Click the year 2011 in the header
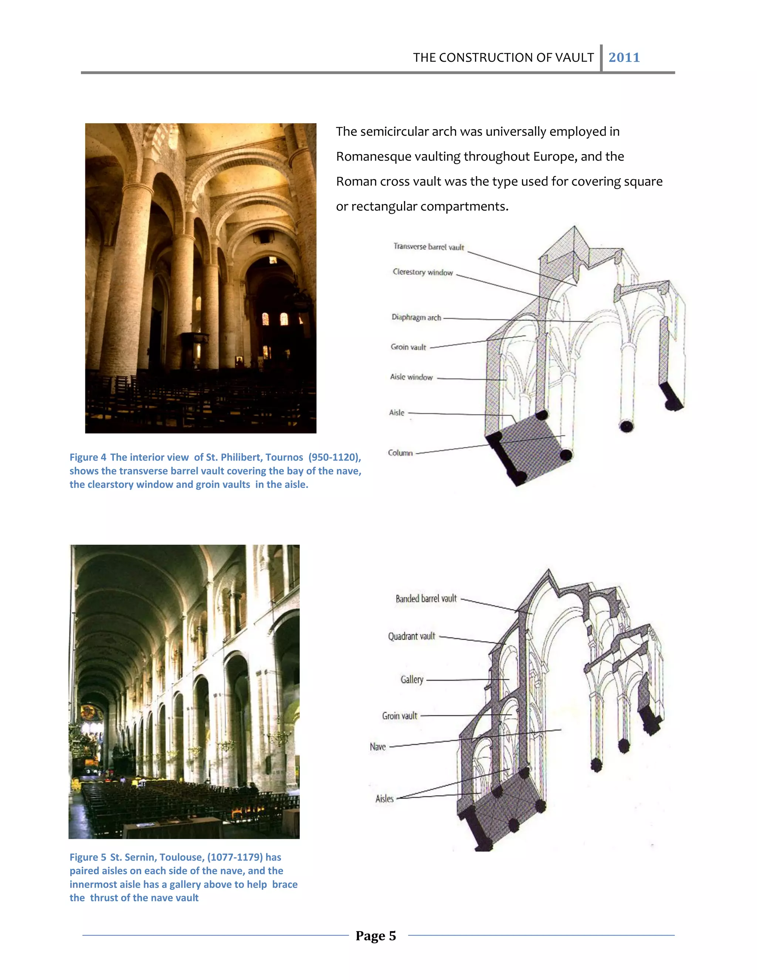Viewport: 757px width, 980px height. coord(624,57)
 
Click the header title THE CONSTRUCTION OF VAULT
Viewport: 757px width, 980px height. coord(503,57)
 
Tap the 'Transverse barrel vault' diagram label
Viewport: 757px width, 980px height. coord(428,247)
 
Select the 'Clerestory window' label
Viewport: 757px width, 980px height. coord(422,273)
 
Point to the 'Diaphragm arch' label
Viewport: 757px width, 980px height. coord(416,317)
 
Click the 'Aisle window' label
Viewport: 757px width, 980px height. coord(411,377)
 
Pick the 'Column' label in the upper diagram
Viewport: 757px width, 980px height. coord(400,453)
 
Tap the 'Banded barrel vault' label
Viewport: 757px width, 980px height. coord(426,599)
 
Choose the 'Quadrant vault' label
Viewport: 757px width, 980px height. coord(411,636)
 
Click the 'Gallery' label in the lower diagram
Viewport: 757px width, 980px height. coord(412,680)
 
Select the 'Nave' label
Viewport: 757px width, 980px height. coord(378,747)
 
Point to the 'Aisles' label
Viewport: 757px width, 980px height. coord(384,799)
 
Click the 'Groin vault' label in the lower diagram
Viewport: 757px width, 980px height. coord(399,716)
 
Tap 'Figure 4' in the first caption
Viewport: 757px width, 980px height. coord(88,457)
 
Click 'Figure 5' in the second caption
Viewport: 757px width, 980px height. coord(88,857)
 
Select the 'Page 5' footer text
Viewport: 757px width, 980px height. coord(376,936)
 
